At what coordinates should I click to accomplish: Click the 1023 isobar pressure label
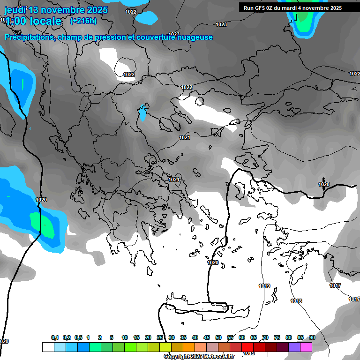click(x=221, y=24)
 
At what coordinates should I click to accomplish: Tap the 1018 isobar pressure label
click(x=296, y=301)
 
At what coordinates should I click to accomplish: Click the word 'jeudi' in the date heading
click(x=15, y=10)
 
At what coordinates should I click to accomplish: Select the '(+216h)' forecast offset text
click(x=83, y=21)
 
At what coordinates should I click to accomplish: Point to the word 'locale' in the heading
click(x=45, y=21)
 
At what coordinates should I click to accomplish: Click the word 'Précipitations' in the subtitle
click(x=28, y=37)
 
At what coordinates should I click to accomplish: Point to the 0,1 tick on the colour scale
click(x=55, y=337)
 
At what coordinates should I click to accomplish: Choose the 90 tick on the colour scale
click(x=312, y=337)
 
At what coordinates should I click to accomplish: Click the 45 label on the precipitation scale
click(x=207, y=337)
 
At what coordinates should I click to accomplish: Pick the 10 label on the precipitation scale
click(x=125, y=337)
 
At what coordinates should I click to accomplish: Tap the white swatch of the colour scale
click(x=48, y=347)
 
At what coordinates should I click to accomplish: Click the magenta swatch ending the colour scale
click(x=306, y=347)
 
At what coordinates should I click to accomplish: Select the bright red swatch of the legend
click(x=247, y=347)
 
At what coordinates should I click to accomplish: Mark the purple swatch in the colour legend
click(x=294, y=347)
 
